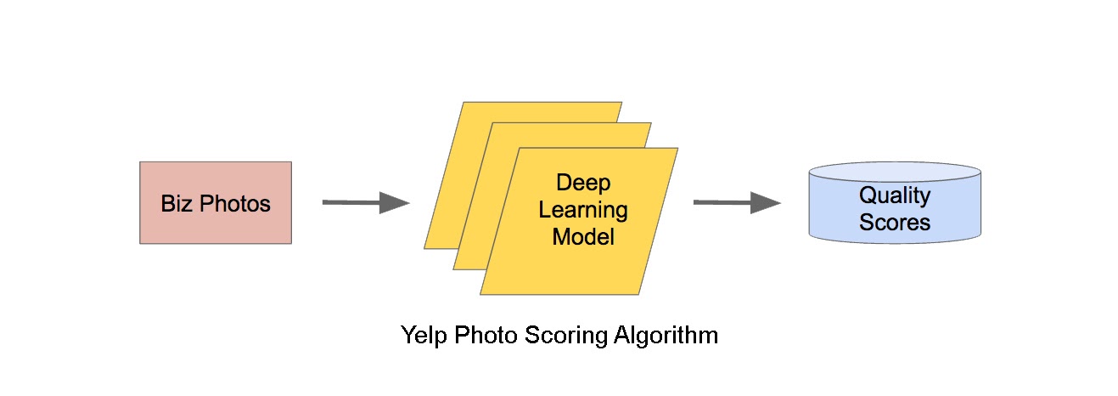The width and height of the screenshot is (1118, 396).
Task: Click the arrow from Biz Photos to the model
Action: [357, 202]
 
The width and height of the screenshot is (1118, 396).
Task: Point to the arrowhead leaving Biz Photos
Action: [395, 202]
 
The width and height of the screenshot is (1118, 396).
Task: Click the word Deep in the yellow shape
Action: [583, 183]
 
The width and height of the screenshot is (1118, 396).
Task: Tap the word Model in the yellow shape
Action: [583, 236]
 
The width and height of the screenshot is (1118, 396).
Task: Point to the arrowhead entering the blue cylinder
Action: [766, 202]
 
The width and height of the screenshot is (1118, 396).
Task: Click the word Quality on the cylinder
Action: [895, 195]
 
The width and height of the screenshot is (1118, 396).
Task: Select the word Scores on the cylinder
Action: [895, 223]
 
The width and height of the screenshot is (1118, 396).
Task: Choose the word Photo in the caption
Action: [486, 336]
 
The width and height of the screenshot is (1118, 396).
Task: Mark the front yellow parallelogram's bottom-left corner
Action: [482, 293]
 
